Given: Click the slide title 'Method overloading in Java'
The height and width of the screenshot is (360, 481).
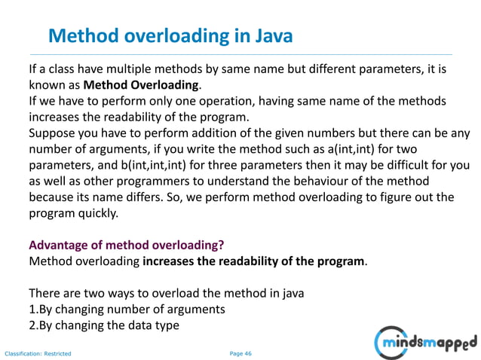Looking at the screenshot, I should click(170, 35).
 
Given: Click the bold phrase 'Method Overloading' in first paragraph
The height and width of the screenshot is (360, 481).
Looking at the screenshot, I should click(141, 84).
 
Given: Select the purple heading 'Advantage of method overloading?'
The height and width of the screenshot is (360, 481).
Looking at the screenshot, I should click(126, 246).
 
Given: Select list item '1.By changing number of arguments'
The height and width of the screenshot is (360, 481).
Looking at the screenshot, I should click(127, 310).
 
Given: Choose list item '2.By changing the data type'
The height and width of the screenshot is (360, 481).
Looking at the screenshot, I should click(104, 326).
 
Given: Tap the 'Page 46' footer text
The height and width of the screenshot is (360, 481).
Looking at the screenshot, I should click(240, 352).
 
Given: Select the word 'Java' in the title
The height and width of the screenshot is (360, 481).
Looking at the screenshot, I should click(269, 35).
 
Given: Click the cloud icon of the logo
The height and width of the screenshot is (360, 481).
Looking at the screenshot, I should click(391, 343).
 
